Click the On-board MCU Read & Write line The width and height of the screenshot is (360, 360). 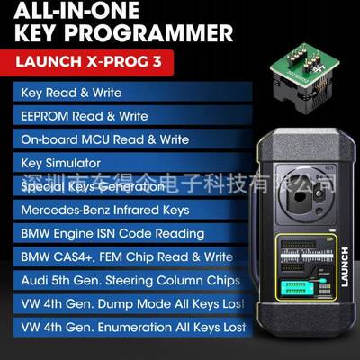coord(104,139)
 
